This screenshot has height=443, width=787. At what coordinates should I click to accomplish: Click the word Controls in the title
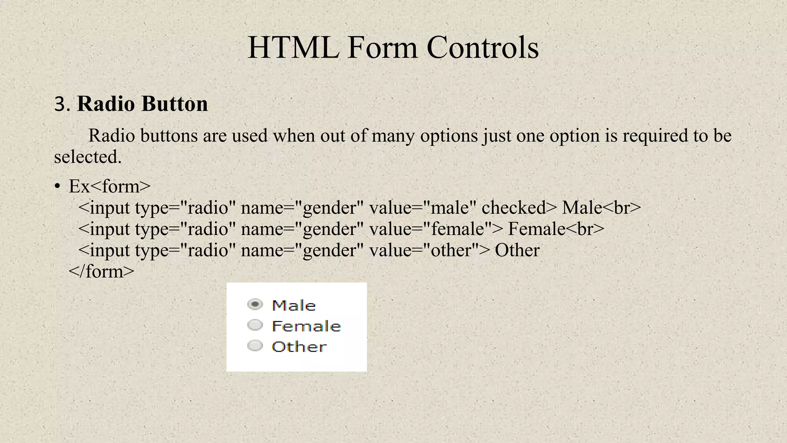pos(482,48)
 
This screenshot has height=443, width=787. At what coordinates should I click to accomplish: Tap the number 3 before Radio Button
pos(61,104)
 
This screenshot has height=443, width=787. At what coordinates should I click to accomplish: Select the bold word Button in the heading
pos(174,104)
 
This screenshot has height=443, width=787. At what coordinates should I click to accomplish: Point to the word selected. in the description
pos(88,157)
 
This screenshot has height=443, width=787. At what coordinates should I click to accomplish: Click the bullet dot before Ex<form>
pos(57,187)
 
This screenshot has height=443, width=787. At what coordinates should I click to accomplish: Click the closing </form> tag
pos(101,271)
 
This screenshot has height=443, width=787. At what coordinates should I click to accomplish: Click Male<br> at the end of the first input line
pos(601,208)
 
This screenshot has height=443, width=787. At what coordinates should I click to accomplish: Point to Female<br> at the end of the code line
pos(556,229)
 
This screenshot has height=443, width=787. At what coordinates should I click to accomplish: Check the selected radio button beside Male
pos(255,305)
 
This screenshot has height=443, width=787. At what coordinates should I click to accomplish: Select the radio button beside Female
pos(255,325)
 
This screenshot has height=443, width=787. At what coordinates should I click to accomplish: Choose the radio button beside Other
pos(255,346)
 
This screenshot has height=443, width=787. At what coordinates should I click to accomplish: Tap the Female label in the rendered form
pos(306,326)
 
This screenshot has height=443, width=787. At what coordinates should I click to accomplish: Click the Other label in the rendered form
pos(299,347)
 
